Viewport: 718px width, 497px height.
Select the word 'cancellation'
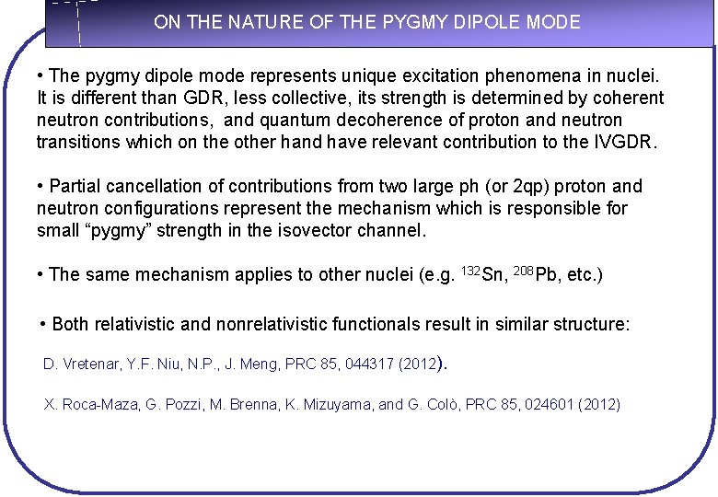point(153,186)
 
